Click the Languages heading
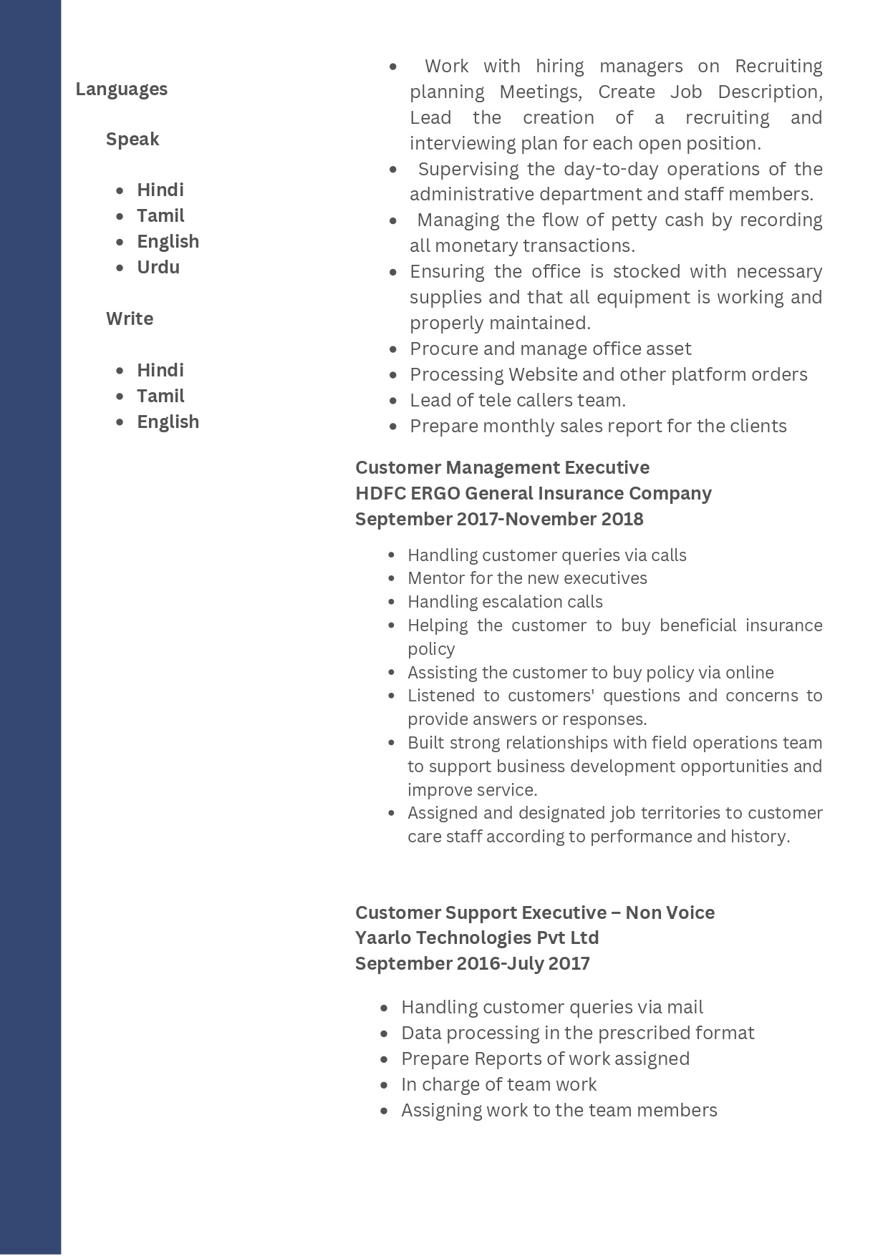tap(121, 89)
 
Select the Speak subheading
tap(132, 139)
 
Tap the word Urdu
tap(158, 267)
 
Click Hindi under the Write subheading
tap(160, 370)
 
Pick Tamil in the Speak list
tap(160, 215)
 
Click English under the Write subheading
tap(168, 422)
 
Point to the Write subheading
tap(130, 318)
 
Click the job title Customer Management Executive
tap(502, 467)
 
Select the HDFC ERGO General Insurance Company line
tap(533, 493)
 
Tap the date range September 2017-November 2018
tap(499, 519)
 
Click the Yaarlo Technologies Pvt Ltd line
tap(477, 938)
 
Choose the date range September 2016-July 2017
tap(473, 963)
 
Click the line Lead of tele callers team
tap(518, 400)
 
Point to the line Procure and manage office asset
tap(550, 349)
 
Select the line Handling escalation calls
tap(505, 602)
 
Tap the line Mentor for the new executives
tap(527, 578)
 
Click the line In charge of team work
tap(498, 1084)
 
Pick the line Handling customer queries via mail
tap(551, 1007)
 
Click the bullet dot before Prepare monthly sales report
tap(393, 427)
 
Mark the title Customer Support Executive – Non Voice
tap(534, 912)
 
